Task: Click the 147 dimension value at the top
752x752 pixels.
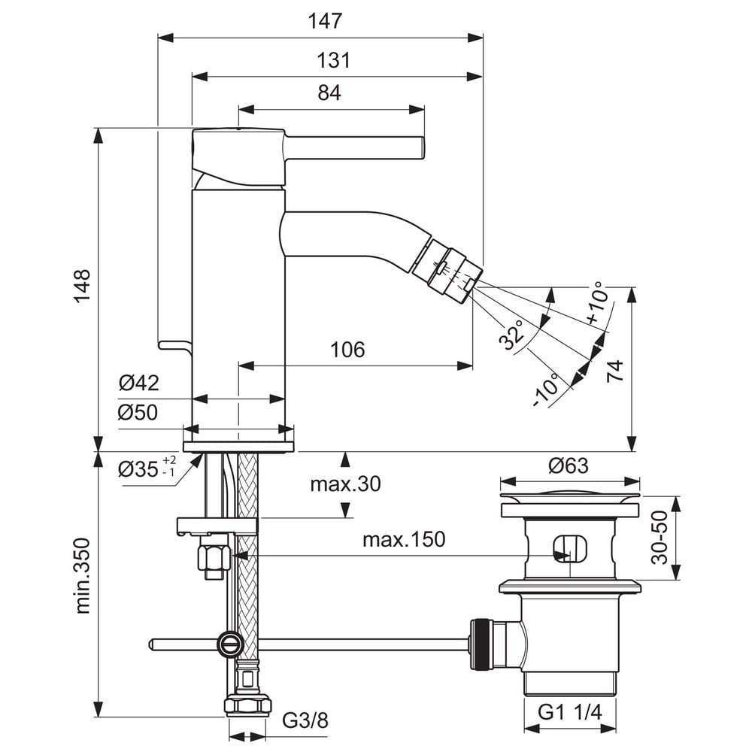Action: coord(325,21)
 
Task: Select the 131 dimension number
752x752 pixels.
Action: coord(333,60)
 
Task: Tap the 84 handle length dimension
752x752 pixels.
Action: coord(329,92)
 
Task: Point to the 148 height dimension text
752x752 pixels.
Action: coord(82,285)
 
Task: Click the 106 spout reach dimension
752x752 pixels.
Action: coord(347,350)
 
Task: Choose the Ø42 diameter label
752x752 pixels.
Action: coord(138,384)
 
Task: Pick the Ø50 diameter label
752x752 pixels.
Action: coord(138,412)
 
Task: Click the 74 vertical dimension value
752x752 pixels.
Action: coord(615,371)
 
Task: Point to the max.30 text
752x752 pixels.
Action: coord(345,484)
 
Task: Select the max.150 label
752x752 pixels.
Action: coord(404,539)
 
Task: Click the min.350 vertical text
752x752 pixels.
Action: coord(83,575)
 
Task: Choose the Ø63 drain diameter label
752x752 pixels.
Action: coord(569,465)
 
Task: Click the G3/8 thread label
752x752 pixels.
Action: coord(305,720)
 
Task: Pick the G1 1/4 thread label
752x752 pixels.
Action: coord(569,712)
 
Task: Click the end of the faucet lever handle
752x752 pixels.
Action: coord(423,147)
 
